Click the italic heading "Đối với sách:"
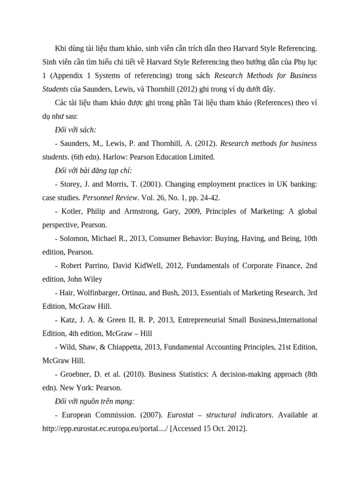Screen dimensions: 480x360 (75, 129)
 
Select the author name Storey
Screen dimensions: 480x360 (73, 184)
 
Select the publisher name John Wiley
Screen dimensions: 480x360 (86, 279)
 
